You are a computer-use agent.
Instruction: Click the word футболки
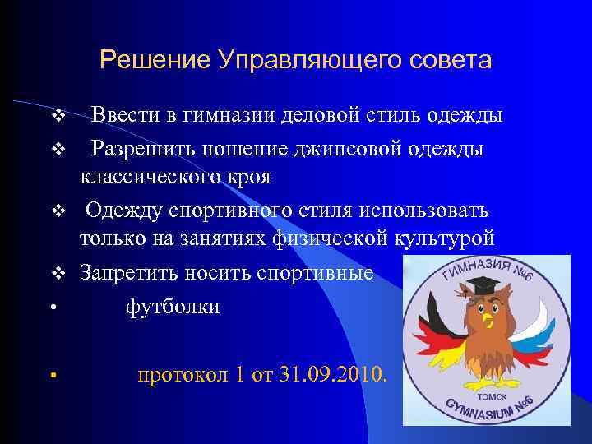pos(173,307)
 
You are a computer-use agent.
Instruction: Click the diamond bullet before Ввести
pos(57,115)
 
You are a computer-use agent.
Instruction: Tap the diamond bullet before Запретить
pos(57,273)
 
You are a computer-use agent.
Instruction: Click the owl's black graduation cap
pos(482,289)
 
